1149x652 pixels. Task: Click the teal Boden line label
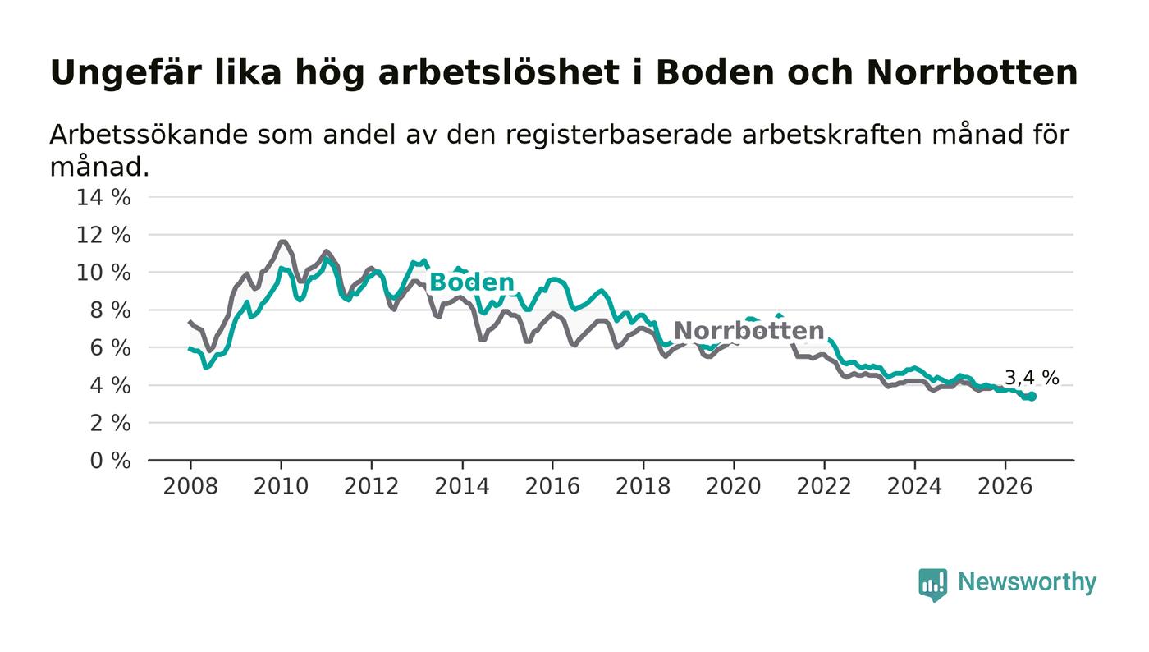[x=471, y=282]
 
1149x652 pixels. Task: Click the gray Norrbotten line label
[x=748, y=331]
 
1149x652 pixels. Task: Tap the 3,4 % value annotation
[x=1032, y=378]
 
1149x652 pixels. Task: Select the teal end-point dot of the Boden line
[x=1032, y=397]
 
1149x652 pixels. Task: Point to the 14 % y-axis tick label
[x=103, y=197]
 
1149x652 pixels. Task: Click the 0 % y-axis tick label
[x=110, y=461]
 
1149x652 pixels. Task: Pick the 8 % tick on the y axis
[x=110, y=310]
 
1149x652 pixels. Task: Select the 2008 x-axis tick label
[x=190, y=487]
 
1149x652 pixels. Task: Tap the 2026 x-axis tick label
[x=1005, y=487]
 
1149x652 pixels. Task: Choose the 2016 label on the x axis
[x=552, y=487]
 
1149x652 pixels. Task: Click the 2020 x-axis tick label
[x=734, y=487]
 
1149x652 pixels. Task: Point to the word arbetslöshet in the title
[x=499, y=72]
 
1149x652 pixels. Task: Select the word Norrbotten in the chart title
[x=973, y=72]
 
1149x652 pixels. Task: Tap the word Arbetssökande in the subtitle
[x=149, y=135]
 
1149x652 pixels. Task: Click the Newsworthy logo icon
[x=932, y=585]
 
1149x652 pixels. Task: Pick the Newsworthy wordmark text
[x=1027, y=582]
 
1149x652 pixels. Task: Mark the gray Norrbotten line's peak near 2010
[x=282, y=241]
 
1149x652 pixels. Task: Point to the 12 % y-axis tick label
[x=103, y=235]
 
